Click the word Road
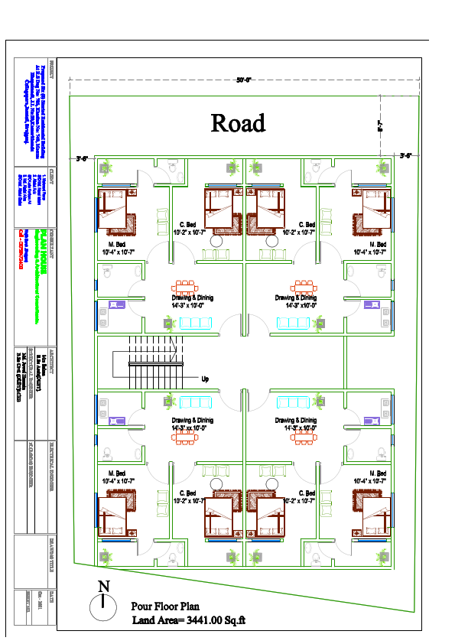click(238, 123)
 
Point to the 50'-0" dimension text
click(244, 80)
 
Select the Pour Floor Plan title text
click(165, 606)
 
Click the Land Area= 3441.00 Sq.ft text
click(187, 620)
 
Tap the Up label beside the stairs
click(204, 379)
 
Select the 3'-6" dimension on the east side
click(406, 155)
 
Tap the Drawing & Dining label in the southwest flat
click(192, 420)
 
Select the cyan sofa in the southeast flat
click(293, 402)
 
